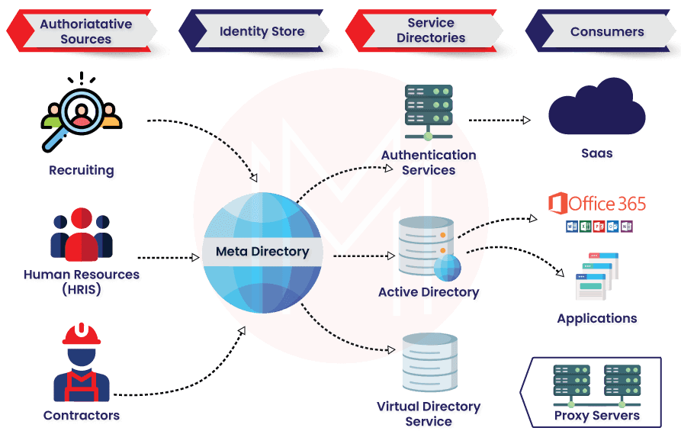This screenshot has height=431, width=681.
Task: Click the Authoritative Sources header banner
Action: click(85, 31)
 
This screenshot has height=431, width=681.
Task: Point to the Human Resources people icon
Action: click(82, 236)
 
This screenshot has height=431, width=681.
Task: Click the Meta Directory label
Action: click(262, 251)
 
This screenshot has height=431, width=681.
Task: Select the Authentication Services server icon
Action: click(429, 107)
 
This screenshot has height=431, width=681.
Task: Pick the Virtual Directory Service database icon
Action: click(429, 361)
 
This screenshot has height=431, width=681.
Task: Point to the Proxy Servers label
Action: click(597, 417)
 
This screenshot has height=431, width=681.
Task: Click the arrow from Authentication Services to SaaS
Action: click(500, 121)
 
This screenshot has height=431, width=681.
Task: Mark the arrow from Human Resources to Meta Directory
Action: click(168, 258)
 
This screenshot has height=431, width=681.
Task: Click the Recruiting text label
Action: click(82, 171)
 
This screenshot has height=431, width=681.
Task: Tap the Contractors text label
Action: click(82, 416)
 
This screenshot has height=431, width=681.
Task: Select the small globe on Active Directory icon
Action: click(448, 268)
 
